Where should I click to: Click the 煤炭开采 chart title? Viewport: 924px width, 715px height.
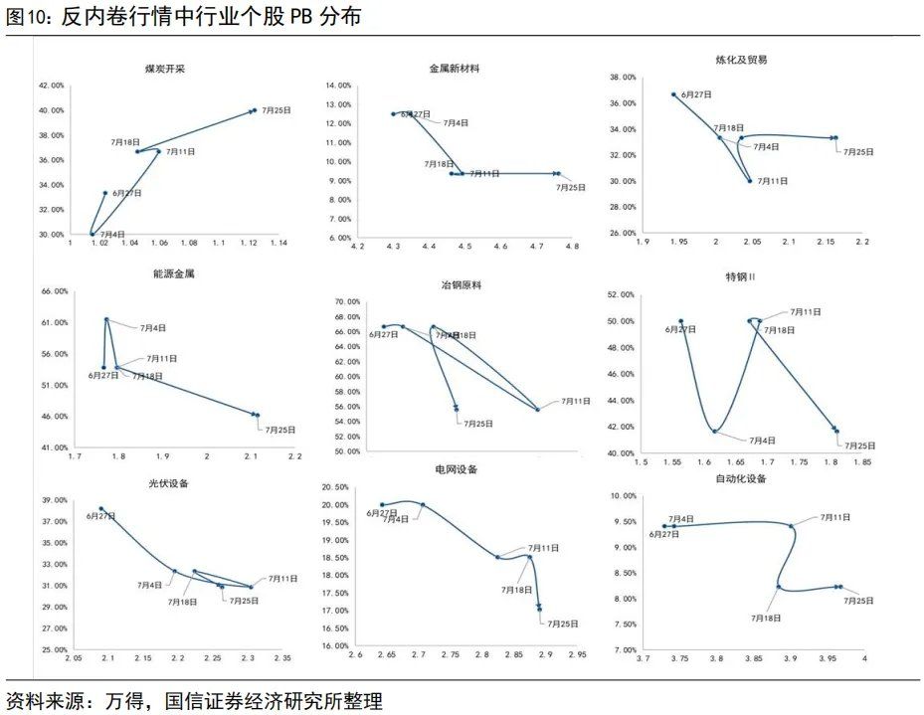point(165,69)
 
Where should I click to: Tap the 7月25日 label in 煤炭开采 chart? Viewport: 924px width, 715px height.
point(277,110)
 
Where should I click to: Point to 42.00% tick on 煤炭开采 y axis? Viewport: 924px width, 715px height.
point(51,86)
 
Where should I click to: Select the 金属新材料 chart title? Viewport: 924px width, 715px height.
point(454,69)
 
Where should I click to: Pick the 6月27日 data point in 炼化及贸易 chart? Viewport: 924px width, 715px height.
point(673,94)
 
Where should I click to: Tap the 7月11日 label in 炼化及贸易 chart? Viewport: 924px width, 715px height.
point(773,181)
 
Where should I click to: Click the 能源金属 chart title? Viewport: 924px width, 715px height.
point(174,273)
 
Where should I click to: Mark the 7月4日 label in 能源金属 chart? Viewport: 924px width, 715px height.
point(152,327)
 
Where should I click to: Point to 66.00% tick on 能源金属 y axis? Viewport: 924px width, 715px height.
point(54,291)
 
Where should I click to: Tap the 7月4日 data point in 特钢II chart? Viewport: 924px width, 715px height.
point(714,431)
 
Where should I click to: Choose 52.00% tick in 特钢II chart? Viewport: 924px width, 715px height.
point(618,295)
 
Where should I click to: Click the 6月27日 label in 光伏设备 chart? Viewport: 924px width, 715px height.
point(100,516)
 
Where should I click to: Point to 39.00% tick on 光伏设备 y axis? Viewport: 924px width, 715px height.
point(54,500)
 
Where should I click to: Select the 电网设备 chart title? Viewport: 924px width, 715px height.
point(456,468)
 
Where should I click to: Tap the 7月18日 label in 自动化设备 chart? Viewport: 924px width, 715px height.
point(766,618)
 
